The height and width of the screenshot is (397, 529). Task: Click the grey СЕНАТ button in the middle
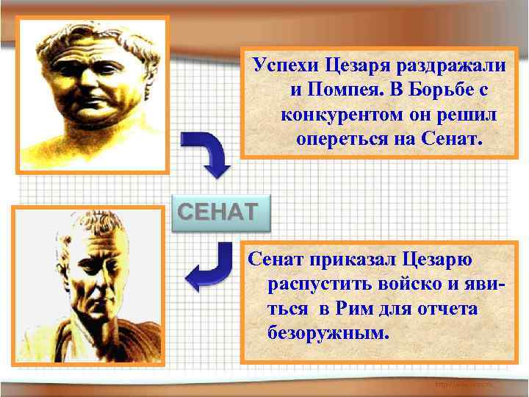tap(215, 212)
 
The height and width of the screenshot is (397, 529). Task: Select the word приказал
tap(352, 260)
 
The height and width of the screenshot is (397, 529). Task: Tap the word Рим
tap(359, 309)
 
